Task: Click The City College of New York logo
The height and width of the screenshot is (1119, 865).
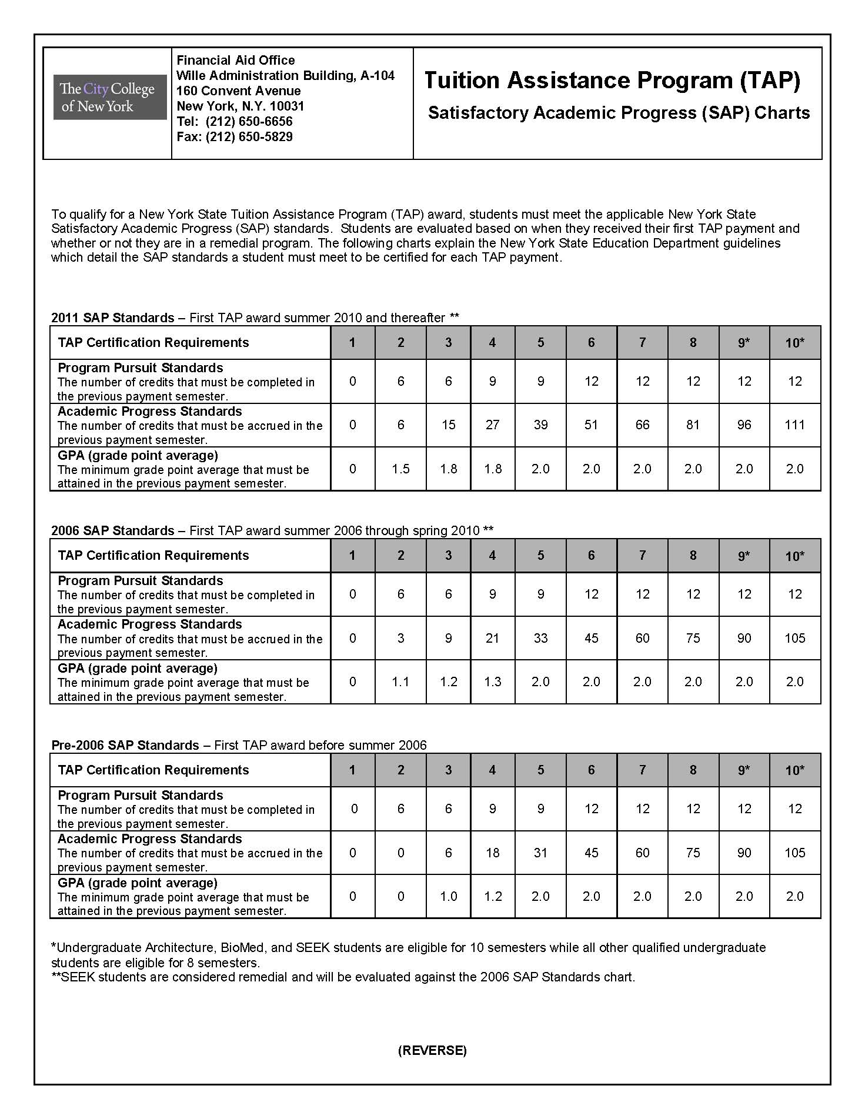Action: (x=110, y=98)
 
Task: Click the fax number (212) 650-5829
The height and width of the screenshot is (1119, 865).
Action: (x=249, y=137)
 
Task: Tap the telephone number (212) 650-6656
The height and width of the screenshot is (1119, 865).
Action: (x=249, y=122)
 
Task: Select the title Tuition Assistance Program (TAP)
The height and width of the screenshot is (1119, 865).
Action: (x=612, y=81)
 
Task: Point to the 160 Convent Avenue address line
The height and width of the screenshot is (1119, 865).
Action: (x=239, y=91)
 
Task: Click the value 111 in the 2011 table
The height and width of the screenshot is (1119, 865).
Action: (x=794, y=425)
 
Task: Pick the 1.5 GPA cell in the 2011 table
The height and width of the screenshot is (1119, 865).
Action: (x=400, y=469)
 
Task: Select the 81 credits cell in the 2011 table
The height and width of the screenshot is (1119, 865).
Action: (x=693, y=425)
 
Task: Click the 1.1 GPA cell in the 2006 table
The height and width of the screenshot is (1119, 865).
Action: (x=400, y=682)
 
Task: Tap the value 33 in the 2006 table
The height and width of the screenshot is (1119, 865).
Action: (x=540, y=638)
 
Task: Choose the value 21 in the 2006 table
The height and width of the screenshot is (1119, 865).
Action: (x=492, y=638)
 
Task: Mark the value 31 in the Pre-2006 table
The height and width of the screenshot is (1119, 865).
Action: (x=540, y=853)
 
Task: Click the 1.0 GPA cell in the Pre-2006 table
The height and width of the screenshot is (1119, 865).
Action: (x=448, y=896)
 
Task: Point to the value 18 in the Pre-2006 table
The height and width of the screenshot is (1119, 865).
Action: (x=492, y=853)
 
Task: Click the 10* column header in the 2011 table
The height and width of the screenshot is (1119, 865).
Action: (x=794, y=343)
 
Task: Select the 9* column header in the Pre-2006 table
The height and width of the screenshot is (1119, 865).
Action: (x=744, y=770)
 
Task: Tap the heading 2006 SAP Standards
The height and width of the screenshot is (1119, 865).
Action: (x=113, y=531)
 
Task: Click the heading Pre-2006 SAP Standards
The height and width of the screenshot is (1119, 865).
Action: (x=125, y=746)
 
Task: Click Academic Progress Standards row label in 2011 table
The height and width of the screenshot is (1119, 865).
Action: (x=150, y=412)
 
